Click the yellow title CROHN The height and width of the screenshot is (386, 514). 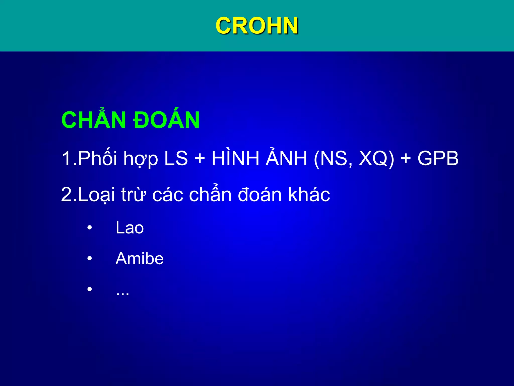(257, 26)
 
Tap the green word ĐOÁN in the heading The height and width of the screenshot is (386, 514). (166, 120)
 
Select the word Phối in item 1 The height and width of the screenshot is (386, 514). (97, 158)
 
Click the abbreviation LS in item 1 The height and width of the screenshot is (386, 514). (176, 158)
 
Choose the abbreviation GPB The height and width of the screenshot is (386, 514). (438, 158)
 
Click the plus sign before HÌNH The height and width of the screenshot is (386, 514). (200, 159)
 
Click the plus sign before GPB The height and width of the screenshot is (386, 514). (406, 159)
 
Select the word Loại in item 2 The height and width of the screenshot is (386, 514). (96, 195)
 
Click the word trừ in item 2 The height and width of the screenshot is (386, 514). (133, 195)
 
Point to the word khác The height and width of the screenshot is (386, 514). (309, 195)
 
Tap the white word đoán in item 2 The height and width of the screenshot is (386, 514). (260, 195)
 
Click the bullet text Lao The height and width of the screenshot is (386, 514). (130, 228)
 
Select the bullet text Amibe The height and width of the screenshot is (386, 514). (140, 259)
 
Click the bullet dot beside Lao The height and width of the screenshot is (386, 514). (90, 228)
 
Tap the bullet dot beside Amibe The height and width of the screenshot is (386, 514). (90, 259)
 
